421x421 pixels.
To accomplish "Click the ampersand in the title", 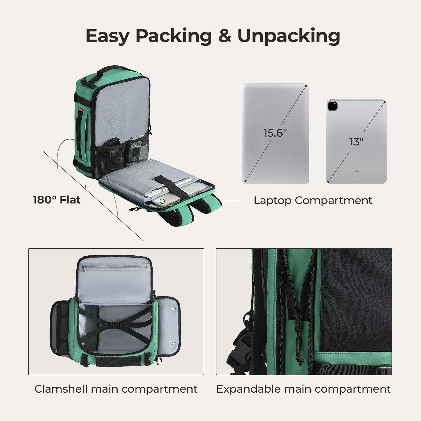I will (225, 36).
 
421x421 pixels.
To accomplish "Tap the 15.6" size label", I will (275, 133).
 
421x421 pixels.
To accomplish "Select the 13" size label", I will (356, 142).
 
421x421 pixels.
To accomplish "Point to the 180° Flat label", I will (57, 200).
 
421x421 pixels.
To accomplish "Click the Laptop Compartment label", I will (313, 201).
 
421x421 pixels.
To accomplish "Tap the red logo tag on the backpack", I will (81, 109).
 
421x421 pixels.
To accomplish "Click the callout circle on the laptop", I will (162, 201).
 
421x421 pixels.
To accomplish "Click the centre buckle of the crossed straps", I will (115, 326).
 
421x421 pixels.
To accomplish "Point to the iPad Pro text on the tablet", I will (356, 171).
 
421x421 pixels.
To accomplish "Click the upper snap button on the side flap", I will (173, 309).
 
